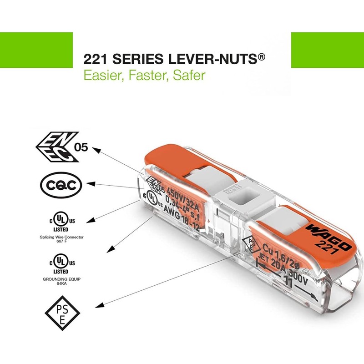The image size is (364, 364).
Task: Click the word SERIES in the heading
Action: tap(135, 59)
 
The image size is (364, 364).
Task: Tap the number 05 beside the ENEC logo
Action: tap(82, 148)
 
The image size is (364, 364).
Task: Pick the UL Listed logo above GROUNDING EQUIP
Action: tap(59, 263)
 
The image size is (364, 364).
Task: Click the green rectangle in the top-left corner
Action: tap(36, 50)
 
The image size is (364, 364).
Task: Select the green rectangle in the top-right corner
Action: tap(327, 50)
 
